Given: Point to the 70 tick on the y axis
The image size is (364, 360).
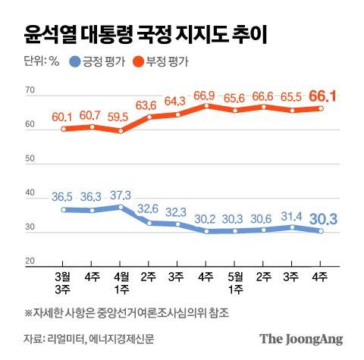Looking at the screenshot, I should click(30, 91).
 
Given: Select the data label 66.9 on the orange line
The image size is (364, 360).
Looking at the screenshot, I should click(205, 95).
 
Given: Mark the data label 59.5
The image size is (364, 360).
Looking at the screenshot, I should click(121, 118).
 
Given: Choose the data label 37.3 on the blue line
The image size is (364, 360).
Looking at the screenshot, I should click(121, 194).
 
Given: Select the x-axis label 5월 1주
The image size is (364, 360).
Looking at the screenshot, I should click(235, 283).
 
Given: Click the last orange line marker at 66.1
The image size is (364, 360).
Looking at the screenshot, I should click(321, 108).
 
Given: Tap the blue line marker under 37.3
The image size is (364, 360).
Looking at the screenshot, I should click(121, 206).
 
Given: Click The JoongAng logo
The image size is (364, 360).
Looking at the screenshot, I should click(301, 339).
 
